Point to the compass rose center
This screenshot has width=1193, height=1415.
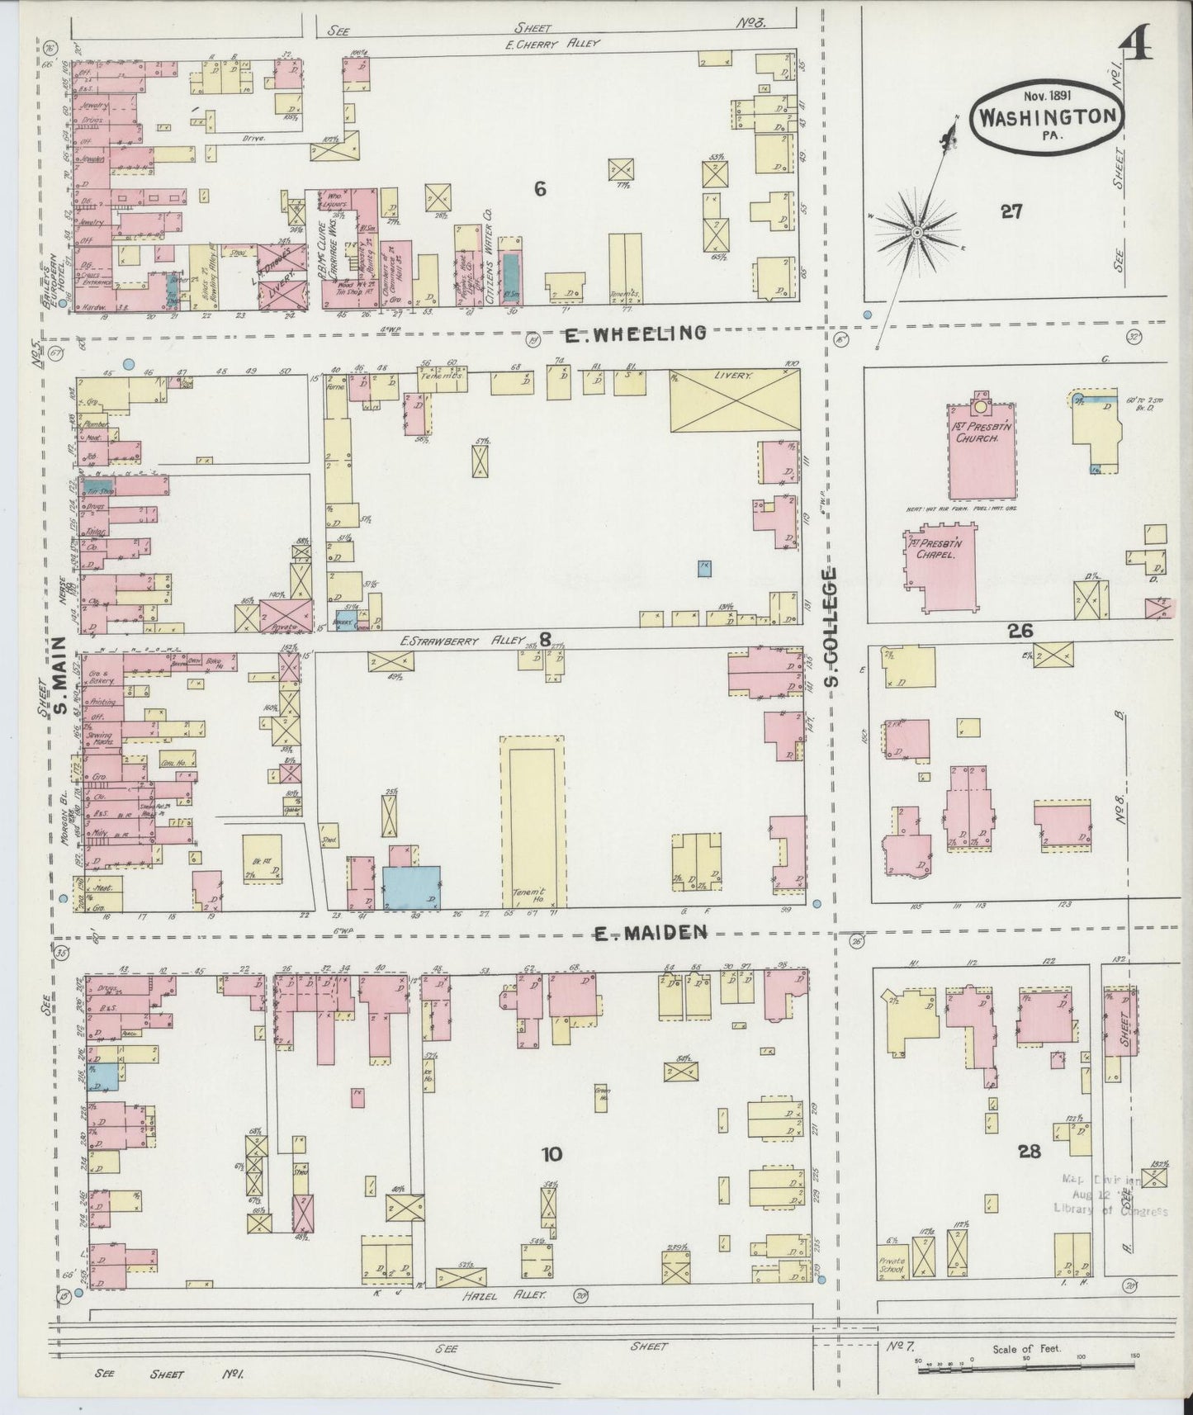(916, 234)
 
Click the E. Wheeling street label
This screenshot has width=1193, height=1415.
(636, 334)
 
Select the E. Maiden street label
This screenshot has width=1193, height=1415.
(652, 933)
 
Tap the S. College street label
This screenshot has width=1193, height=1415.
(832, 626)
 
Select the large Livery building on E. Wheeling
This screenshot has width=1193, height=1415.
(735, 400)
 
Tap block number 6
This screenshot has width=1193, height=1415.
(539, 189)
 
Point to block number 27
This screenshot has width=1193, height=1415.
(1011, 211)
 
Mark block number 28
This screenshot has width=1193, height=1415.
(1030, 1151)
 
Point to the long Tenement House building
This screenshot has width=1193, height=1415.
(533, 821)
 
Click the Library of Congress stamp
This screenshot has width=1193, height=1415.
(1110, 1195)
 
